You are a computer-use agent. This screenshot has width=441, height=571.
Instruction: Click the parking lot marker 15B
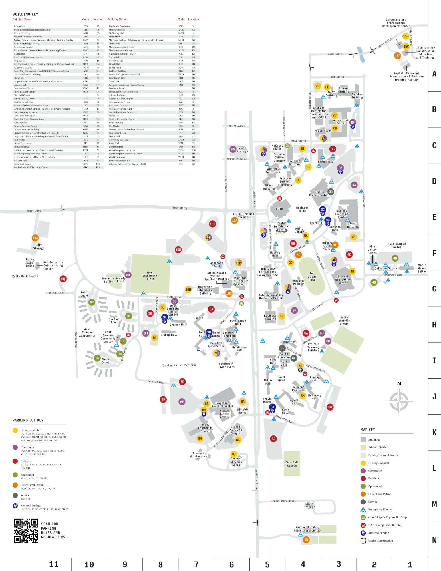tap(406, 36)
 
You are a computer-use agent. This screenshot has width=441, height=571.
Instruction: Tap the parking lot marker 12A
tap(233, 149)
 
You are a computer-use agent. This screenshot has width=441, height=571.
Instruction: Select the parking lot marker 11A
tap(35, 238)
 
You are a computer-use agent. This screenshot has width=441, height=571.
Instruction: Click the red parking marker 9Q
tap(63, 279)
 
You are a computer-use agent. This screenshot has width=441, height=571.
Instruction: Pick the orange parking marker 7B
tap(306, 540)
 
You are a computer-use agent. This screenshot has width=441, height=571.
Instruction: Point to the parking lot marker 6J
tap(273, 439)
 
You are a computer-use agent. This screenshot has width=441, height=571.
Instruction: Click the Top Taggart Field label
tap(312, 276)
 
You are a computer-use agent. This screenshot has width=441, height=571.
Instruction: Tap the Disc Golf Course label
tap(292, 464)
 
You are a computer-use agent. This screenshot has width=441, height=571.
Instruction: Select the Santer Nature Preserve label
tap(180, 365)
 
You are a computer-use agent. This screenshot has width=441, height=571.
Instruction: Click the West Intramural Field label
tap(150, 276)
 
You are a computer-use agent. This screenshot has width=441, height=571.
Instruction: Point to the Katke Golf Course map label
tap(25, 276)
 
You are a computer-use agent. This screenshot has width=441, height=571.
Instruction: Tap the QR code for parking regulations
tap(26, 531)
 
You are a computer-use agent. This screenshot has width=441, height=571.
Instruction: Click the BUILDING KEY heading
tap(25, 14)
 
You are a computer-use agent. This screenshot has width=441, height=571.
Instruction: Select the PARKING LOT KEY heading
tap(28, 420)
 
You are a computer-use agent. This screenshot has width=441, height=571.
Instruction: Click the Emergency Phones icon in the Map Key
tap(363, 510)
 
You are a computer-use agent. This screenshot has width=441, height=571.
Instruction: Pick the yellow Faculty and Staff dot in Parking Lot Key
tap(15, 430)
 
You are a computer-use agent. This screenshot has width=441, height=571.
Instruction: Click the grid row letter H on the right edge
tap(434, 325)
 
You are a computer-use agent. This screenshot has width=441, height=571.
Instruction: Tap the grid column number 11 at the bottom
tap(53, 564)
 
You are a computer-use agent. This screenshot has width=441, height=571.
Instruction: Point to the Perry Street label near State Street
tap(179, 208)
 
